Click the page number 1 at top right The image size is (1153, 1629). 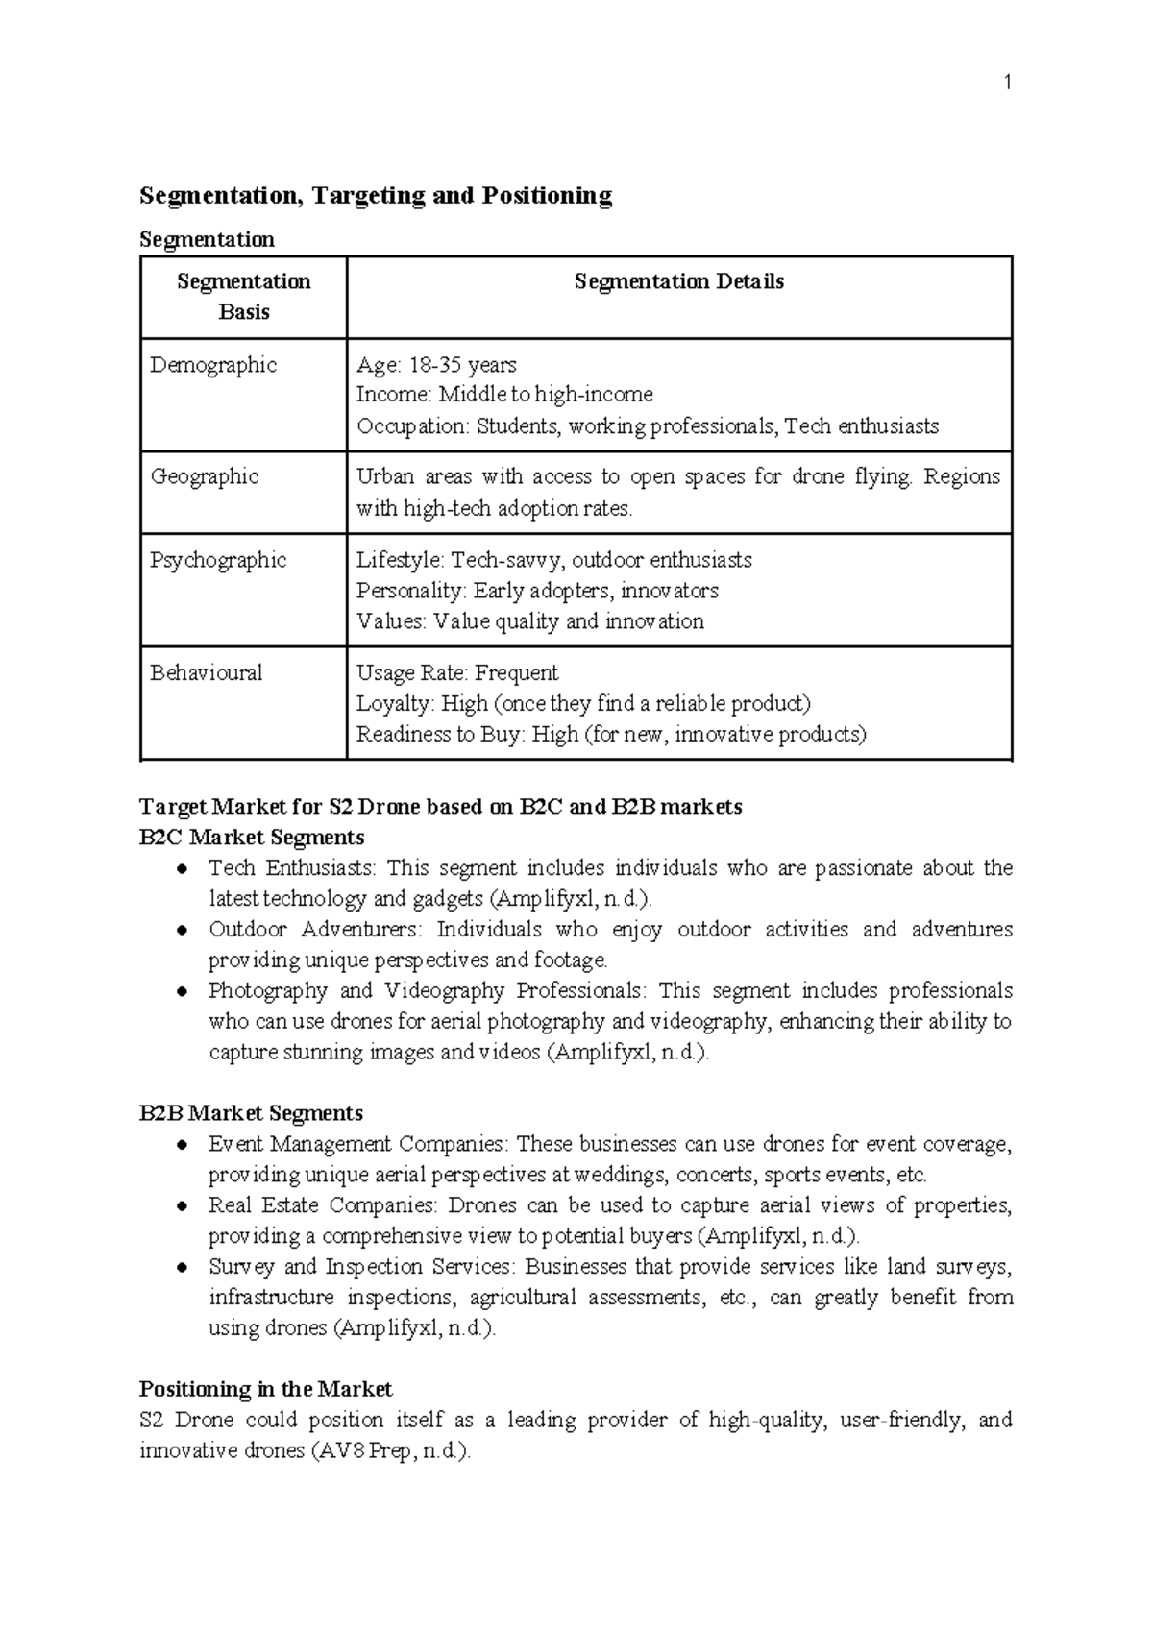point(1007,84)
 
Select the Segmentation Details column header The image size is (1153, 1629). point(678,281)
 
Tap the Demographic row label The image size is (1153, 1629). point(213,365)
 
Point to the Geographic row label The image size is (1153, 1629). point(205,476)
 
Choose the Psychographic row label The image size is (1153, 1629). point(218,560)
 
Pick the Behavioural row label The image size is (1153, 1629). point(206,672)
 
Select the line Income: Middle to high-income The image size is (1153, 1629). point(504,395)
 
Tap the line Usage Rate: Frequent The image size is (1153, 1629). point(456,672)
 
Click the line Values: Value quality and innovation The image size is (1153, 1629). point(529,621)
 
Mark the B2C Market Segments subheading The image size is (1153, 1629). point(252,837)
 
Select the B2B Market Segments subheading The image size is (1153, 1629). point(251,1113)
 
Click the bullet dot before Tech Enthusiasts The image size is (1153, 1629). point(182,869)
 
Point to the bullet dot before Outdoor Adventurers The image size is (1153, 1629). point(182,931)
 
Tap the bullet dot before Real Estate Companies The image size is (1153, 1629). point(182,1206)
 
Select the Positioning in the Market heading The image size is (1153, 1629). point(265,1389)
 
